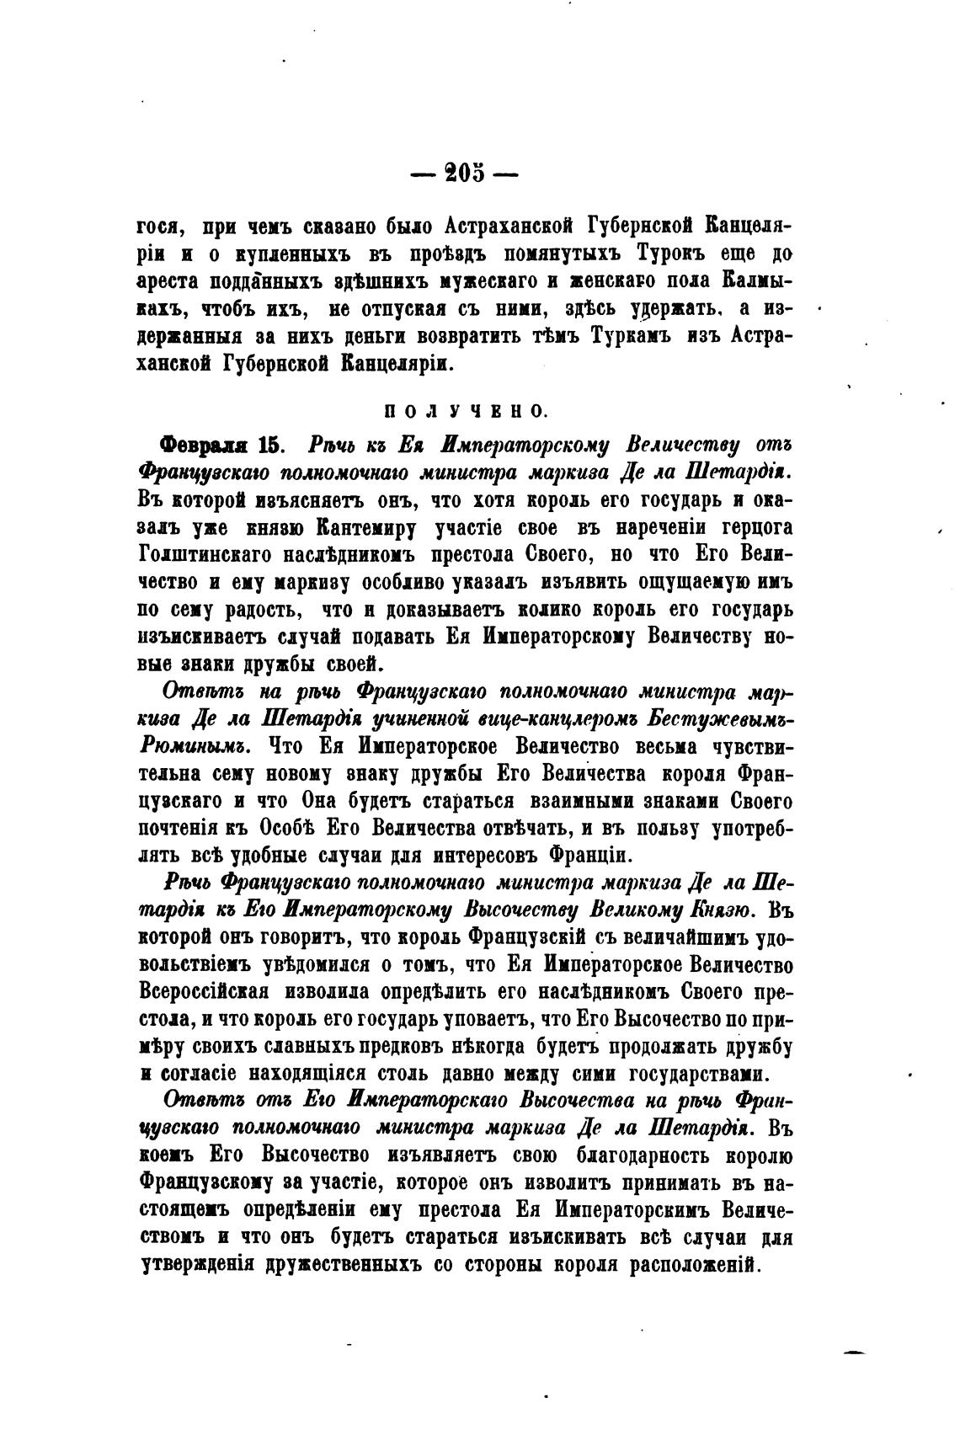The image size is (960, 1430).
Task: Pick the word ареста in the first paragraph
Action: [x=166, y=281]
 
